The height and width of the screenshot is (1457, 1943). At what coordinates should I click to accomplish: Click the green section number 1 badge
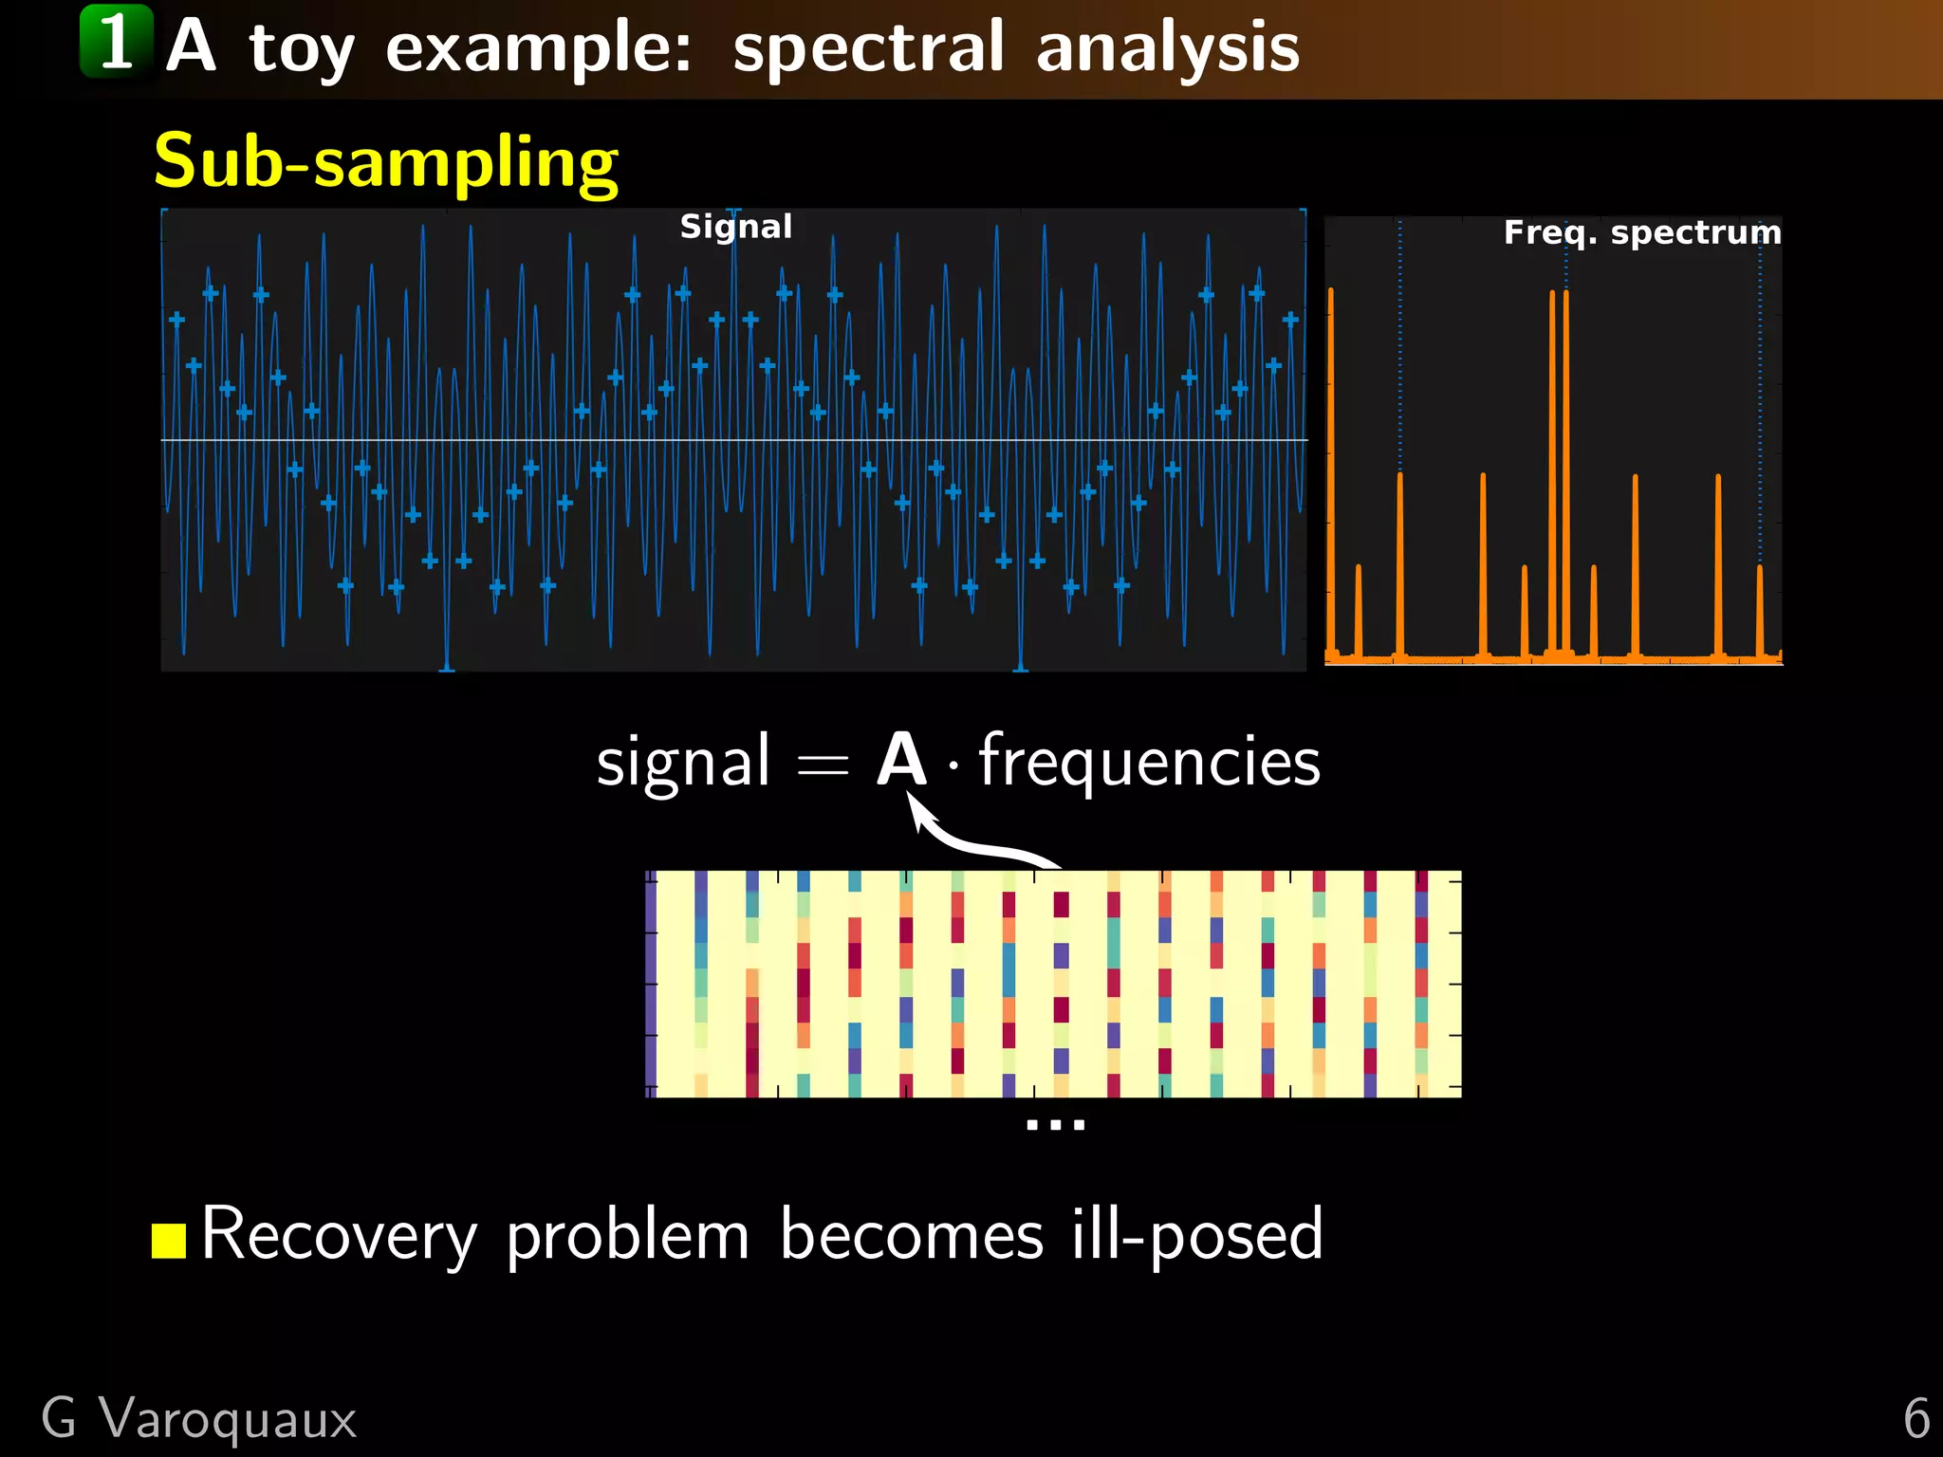pyautogui.click(x=116, y=42)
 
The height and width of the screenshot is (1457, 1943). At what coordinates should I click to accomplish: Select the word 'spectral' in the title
pyautogui.click(x=867, y=47)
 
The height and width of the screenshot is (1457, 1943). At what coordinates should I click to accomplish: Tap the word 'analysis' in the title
pyautogui.click(x=1167, y=47)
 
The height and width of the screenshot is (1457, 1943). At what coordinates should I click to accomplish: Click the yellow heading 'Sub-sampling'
pyautogui.click(x=385, y=161)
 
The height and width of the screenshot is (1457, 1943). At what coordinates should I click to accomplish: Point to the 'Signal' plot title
pyautogui.click(x=735, y=227)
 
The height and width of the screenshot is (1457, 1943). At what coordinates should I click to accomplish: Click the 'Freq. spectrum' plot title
pyautogui.click(x=1641, y=232)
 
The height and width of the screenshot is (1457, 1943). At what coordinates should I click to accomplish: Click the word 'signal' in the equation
pyautogui.click(x=682, y=762)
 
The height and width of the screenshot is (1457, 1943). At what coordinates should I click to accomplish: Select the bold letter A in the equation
pyautogui.click(x=900, y=760)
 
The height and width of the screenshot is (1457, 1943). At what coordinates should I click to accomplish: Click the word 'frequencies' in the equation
pyautogui.click(x=1149, y=762)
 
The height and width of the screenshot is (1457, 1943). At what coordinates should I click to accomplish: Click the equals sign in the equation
pyautogui.click(x=822, y=765)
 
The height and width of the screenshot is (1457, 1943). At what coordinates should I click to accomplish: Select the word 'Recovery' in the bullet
pyautogui.click(x=339, y=1236)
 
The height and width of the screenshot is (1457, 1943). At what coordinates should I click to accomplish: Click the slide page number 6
pyautogui.click(x=1915, y=1418)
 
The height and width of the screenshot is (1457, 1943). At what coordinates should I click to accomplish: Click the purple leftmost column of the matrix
pyautogui.click(x=651, y=984)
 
